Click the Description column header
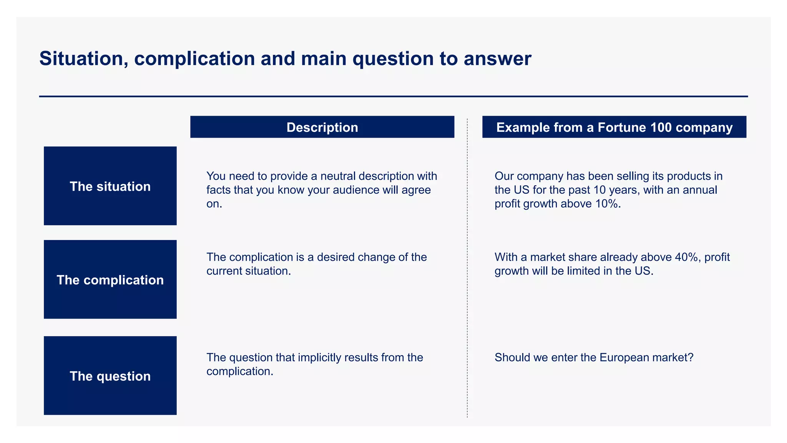(x=322, y=127)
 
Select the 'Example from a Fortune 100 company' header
(x=614, y=127)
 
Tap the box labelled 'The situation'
(x=110, y=186)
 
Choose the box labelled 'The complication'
(x=110, y=280)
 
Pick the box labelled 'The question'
(x=110, y=376)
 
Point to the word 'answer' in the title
(x=497, y=59)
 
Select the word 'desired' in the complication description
(x=335, y=257)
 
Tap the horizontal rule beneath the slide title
(x=393, y=97)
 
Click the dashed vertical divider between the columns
(x=467, y=269)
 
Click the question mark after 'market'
(x=691, y=358)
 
